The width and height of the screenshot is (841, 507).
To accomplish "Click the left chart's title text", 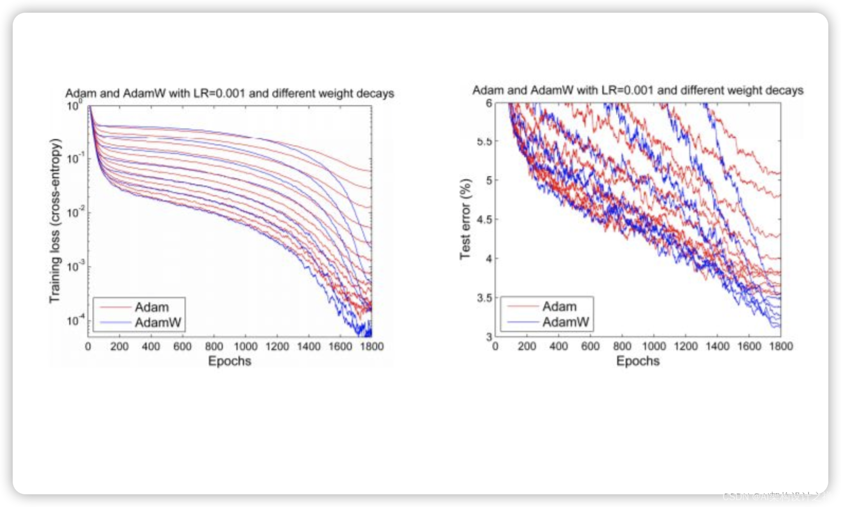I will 230,93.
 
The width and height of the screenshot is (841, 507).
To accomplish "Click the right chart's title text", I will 637,90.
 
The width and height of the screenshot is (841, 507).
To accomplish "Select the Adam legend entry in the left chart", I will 151,307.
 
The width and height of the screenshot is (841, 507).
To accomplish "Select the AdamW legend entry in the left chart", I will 158,322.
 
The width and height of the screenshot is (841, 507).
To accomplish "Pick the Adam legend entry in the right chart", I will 559,306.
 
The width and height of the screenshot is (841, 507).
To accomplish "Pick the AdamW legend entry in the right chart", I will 565,322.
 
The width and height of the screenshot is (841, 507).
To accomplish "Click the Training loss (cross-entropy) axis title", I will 55,221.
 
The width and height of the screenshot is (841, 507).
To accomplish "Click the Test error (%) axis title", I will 465,219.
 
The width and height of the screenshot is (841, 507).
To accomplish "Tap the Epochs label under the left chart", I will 230,361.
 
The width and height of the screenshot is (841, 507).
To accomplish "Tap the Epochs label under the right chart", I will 638,361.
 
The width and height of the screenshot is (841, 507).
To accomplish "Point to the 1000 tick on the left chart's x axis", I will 245,347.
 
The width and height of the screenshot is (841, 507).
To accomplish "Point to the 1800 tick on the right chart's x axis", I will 781,346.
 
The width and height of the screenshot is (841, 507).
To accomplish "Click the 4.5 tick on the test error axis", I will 484,219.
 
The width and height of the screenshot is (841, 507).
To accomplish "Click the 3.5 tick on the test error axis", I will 484,298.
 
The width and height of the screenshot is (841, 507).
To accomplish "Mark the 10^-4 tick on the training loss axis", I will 75,321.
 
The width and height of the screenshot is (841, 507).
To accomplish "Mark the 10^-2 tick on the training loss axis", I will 75,213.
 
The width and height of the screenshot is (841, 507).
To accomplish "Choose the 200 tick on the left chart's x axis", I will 119,347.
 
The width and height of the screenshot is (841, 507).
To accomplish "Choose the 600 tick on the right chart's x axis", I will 590,346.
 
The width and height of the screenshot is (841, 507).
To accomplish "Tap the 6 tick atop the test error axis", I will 489,103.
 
